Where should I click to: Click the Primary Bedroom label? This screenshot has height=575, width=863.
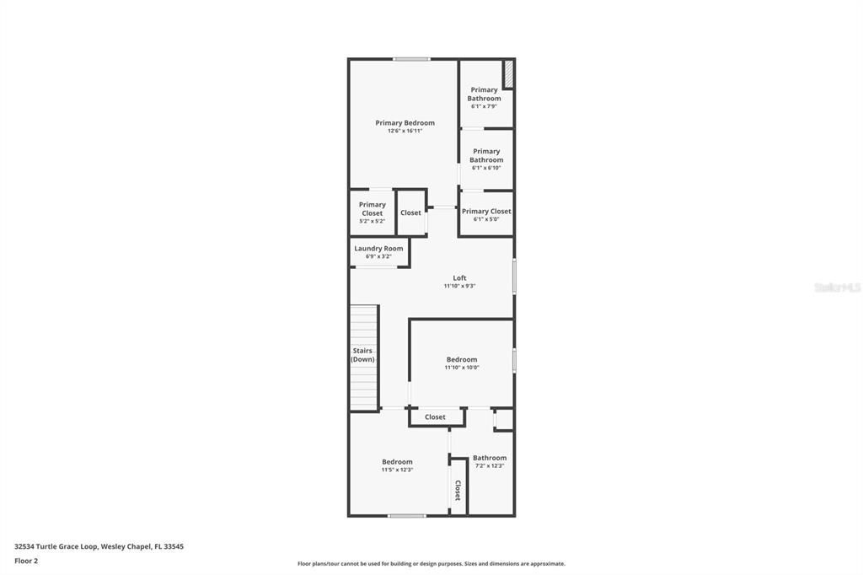(405, 123)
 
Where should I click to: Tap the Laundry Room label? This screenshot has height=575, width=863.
(378, 249)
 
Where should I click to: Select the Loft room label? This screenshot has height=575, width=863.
(459, 278)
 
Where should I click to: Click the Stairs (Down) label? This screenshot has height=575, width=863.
(362, 355)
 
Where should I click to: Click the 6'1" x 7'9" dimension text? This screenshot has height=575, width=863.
(484, 106)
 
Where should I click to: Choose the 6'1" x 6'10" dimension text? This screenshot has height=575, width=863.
(486, 168)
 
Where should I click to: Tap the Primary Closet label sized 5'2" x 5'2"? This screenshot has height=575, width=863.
(373, 208)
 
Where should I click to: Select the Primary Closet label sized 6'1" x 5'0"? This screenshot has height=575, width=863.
(486, 212)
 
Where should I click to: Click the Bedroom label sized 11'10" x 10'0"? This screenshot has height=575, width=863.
(462, 360)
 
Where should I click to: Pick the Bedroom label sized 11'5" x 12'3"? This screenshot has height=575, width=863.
(397, 462)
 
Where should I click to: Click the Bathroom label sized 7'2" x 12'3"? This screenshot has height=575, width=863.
(490, 459)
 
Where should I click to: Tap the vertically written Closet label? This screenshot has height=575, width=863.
(458, 491)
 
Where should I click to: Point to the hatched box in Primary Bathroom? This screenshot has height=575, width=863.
(508, 74)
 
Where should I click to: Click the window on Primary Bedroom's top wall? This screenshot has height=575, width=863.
(411, 59)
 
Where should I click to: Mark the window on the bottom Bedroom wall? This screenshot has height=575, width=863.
(407, 515)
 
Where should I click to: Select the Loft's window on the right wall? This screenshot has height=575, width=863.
(514, 277)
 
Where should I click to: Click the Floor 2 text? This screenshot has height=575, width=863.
(26, 561)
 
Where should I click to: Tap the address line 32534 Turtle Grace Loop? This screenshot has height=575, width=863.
(99, 546)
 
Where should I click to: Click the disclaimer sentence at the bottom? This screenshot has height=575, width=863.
(431, 564)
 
